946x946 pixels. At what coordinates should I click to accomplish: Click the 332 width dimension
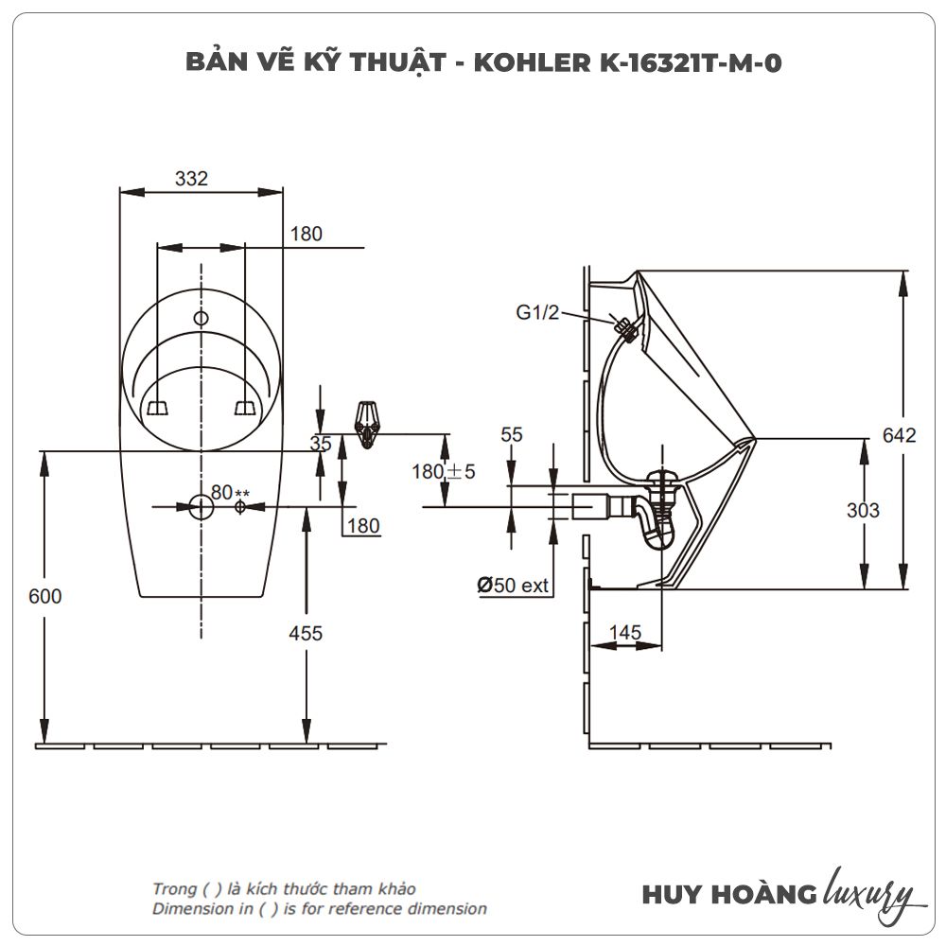[x=190, y=177]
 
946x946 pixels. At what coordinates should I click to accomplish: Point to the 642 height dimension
[x=899, y=435]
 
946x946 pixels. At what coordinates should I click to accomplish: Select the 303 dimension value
[x=862, y=511]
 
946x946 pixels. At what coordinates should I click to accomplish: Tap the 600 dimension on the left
[x=44, y=596]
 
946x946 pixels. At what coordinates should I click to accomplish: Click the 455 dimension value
[x=305, y=633]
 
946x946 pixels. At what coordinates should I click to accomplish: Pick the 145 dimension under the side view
[x=624, y=632]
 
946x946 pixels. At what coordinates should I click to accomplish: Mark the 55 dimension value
[x=512, y=434]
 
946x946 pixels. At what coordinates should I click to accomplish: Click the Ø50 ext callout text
[x=513, y=586]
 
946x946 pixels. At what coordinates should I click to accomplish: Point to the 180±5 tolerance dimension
[x=443, y=470]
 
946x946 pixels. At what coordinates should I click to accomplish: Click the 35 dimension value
[x=320, y=443]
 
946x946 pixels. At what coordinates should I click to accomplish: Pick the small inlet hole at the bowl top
[x=201, y=318]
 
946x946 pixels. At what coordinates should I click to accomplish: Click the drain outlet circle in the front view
[x=201, y=507]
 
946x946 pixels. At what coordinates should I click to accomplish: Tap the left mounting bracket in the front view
[x=157, y=407]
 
